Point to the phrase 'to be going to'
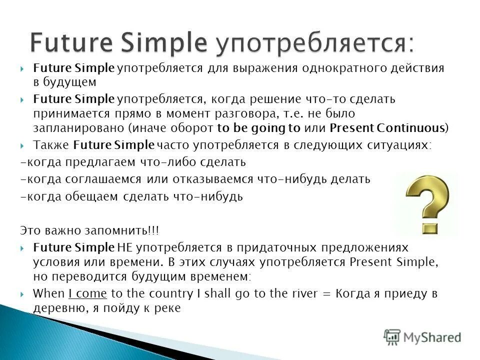click(258, 128)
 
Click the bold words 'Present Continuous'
click(387, 128)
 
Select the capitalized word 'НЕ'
click(124, 247)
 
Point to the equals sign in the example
click(327, 294)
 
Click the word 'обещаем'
click(94, 196)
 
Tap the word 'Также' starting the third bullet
click(51, 145)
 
